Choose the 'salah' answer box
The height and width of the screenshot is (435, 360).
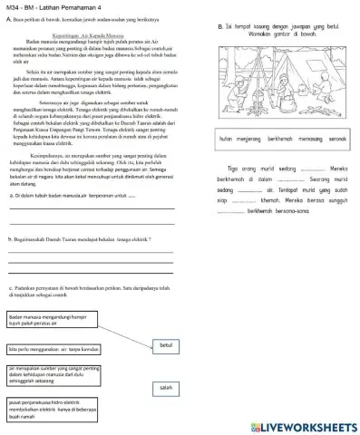tap(165, 387)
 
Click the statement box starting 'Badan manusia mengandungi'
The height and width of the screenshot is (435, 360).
tap(51, 320)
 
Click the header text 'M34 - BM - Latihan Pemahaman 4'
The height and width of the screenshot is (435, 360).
tap(54, 6)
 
